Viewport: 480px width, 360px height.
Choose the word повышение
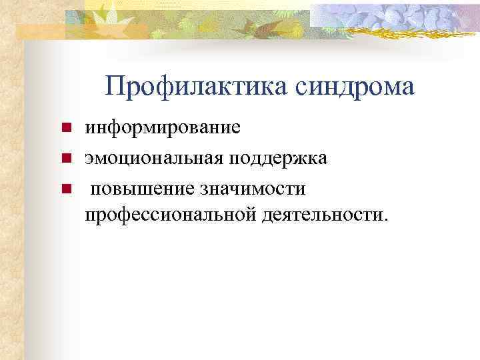(x=141, y=189)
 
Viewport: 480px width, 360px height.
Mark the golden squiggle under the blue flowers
(x=393, y=35)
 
